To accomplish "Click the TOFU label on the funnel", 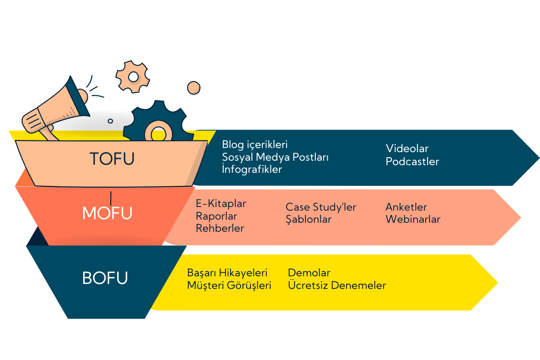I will click(112, 158).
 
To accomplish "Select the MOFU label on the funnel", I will click(107, 212).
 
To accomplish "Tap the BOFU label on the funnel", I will click(105, 278).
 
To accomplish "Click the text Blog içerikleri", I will click(255, 145).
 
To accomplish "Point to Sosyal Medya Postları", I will click(275, 157).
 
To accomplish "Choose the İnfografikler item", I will click(252, 170).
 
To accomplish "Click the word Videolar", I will click(407, 148).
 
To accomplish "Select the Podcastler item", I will click(412, 162).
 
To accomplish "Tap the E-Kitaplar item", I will click(221, 203).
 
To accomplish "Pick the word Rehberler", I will click(220, 228).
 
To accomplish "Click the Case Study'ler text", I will click(321, 207).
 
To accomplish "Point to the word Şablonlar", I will click(308, 220).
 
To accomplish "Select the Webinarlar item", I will click(413, 220).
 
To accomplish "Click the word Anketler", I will click(406, 207).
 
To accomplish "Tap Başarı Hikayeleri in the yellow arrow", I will click(227, 273).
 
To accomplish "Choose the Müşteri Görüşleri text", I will click(229, 285).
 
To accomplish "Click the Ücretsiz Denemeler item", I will click(337, 285).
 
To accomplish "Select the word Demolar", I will click(309, 273).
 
